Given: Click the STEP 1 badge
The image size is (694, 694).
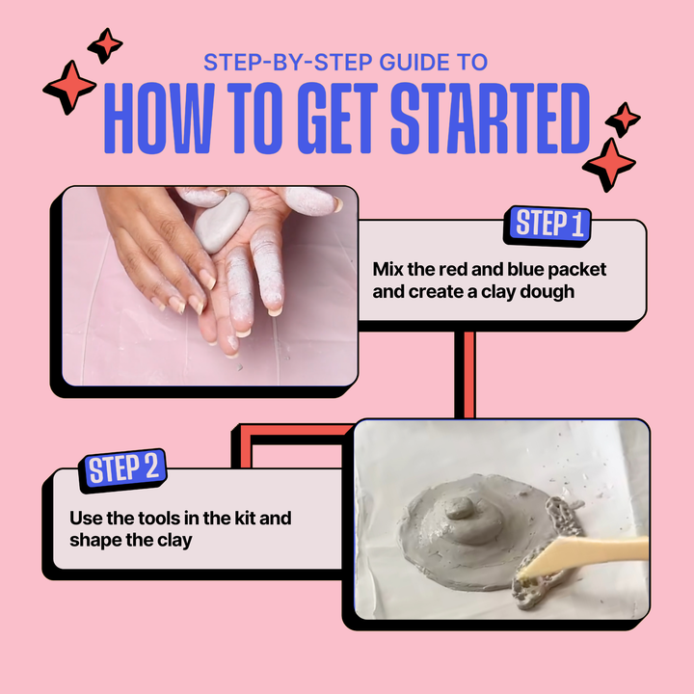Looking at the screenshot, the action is click(x=547, y=226).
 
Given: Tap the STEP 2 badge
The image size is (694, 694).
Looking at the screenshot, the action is click(x=122, y=470).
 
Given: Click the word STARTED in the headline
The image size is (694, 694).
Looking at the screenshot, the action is click(x=490, y=119).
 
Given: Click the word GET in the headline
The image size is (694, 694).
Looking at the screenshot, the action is click(x=337, y=119).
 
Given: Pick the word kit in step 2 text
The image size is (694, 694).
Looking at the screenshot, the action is click(x=245, y=518).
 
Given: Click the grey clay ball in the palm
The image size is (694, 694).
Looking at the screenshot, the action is click(x=222, y=223).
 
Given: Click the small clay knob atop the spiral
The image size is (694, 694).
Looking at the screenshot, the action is click(x=460, y=508).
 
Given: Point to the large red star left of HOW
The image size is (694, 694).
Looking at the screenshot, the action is click(x=69, y=87).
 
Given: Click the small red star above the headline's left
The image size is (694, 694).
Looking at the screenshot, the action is click(x=105, y=45).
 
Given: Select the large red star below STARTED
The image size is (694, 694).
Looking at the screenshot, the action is click(x=609, y=165).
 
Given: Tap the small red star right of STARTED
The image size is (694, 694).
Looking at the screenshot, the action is click(x=623, y=120).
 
